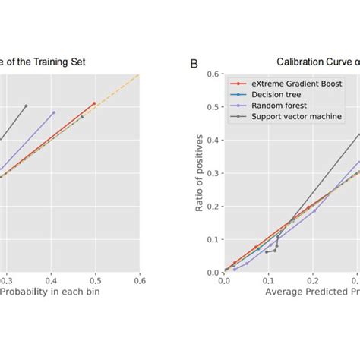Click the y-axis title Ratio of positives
coord(200,173)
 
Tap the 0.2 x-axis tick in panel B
coord(311,280)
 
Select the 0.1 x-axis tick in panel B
coord(267,280)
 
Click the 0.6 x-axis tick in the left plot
coord(140,280)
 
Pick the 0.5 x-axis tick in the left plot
coord(96,280)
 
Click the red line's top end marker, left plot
coord(94,103)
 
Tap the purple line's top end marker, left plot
coord(54,112)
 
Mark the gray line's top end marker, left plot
coord(26,106)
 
